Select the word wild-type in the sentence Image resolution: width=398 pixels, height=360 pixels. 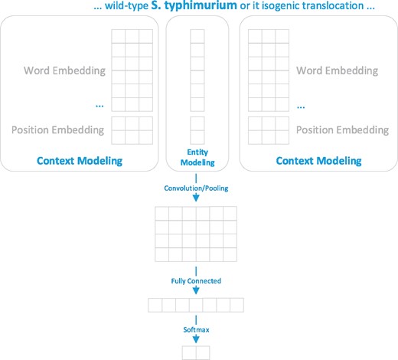(130, 7)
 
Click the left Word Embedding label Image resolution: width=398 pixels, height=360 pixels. (65, 71)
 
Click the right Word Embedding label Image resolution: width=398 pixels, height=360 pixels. (338, 71)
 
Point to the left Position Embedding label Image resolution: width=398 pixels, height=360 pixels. (58, 129)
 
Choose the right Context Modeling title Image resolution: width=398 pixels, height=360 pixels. (318, 162)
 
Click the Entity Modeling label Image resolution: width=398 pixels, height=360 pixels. (197, 157)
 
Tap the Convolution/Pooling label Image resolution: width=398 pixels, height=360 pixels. (197, 186)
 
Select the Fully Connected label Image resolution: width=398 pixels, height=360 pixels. (197, 280)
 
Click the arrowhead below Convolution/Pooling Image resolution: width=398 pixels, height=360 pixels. (197, 200)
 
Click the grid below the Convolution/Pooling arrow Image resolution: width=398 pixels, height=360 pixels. (197, 235)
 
